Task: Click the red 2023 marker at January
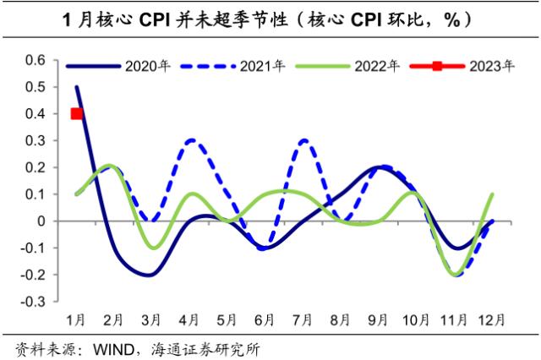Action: pos(77,114)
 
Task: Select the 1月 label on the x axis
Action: pos(77,320)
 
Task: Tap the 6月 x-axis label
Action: pos(265,320)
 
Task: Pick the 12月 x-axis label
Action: pos(494,320)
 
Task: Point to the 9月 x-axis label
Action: pos(379,320)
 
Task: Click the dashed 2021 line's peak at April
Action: pos(191,140)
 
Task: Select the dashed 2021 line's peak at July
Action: pos(304,140)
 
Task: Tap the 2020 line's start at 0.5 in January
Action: pos(77,87)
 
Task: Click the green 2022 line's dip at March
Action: pos(153,248)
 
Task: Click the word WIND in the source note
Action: pos(111,348)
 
